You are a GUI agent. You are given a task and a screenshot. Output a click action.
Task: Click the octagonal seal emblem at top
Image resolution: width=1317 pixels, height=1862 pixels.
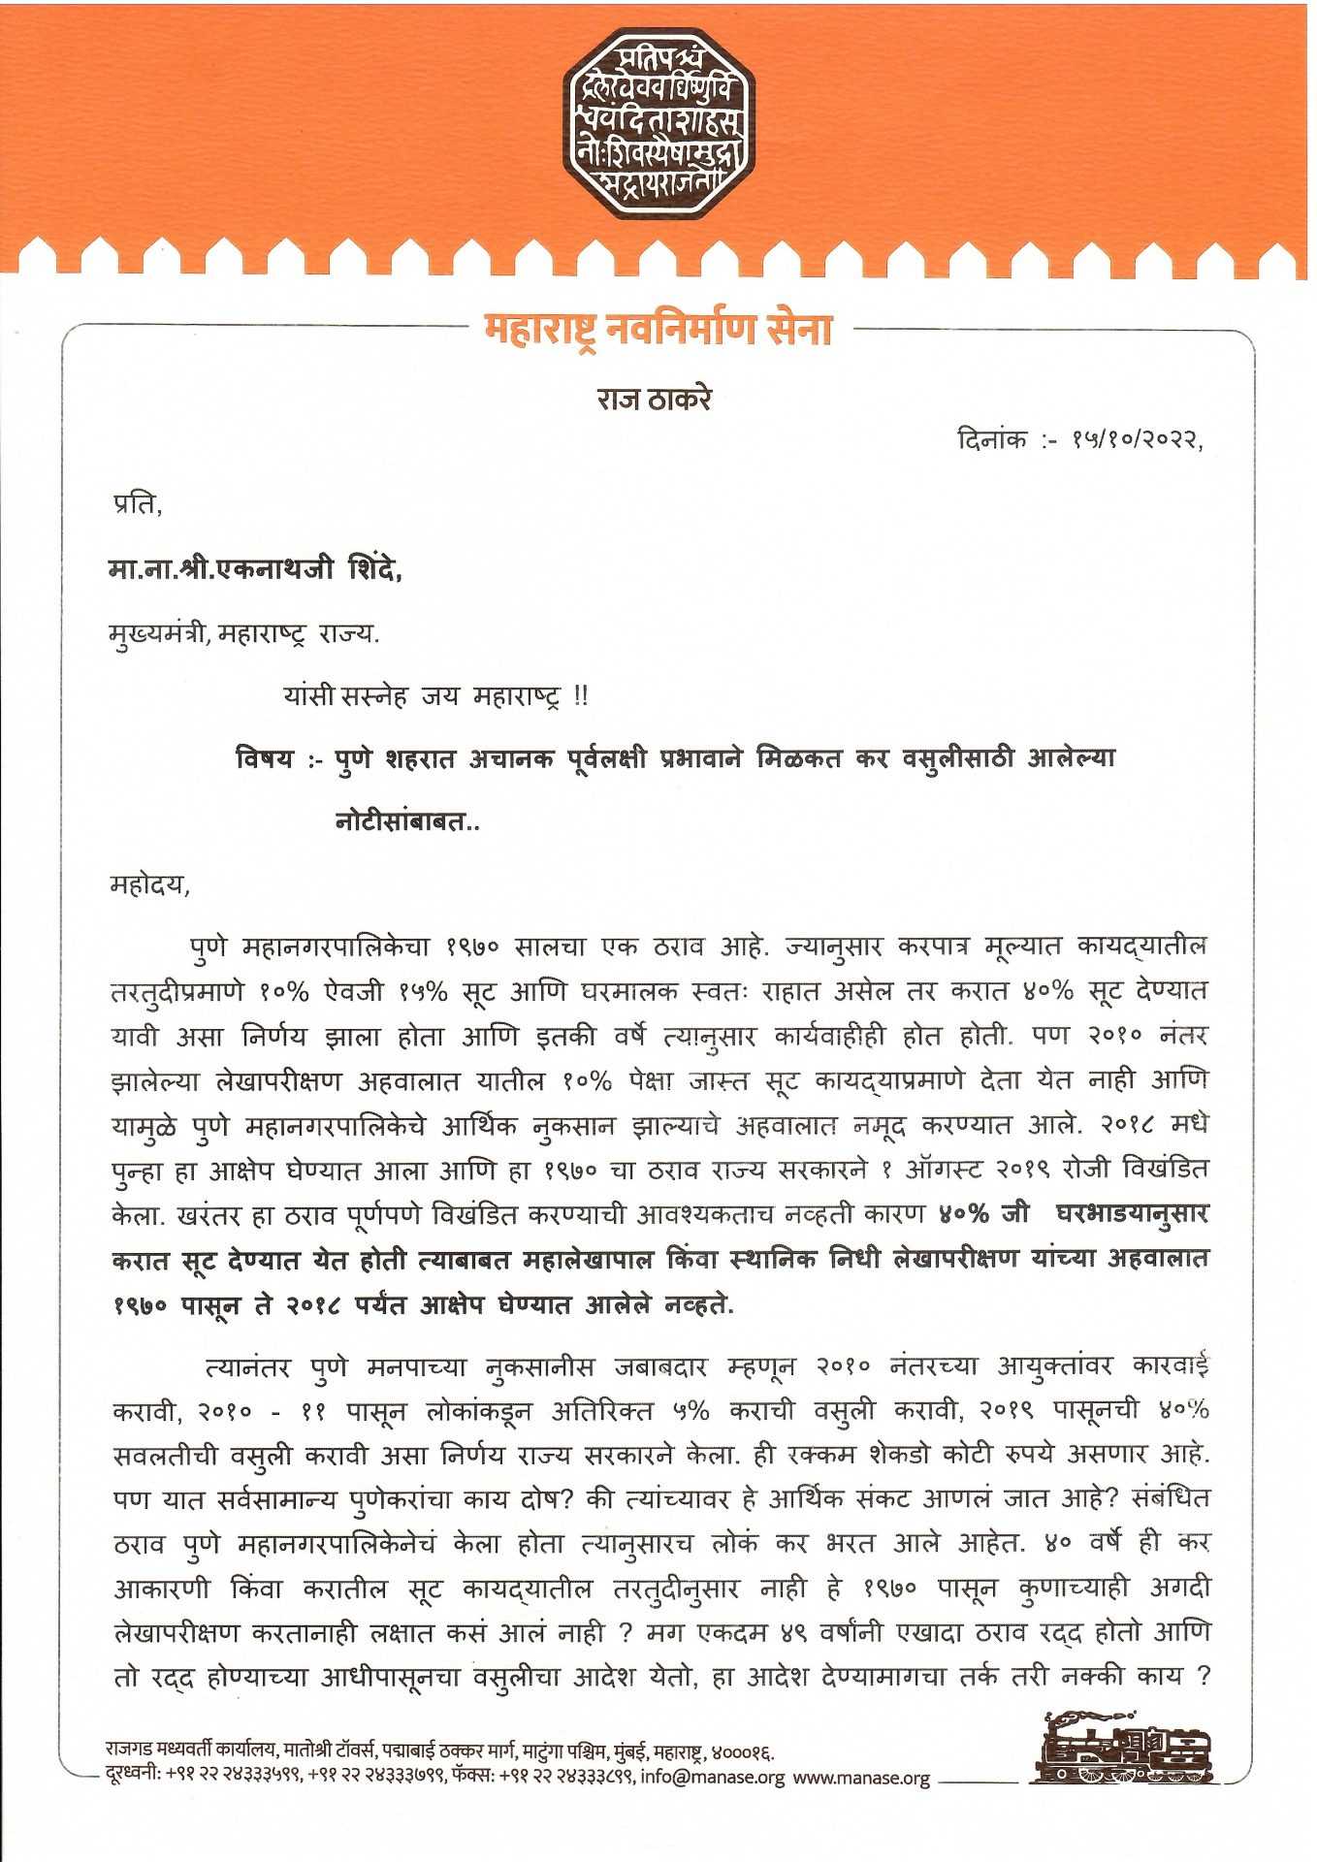pyautogui.click(x=658, y=122)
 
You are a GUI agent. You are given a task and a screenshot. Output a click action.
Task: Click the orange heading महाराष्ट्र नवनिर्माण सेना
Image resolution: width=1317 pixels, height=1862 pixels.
pyautogui.click(x=658, y=331)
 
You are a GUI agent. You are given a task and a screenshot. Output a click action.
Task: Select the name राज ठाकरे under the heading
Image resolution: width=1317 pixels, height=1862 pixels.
pyautogui.click(x=655, y=399)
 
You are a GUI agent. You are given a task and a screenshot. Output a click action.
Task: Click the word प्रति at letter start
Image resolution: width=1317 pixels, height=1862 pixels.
pyautogui.click(x=136, y=504)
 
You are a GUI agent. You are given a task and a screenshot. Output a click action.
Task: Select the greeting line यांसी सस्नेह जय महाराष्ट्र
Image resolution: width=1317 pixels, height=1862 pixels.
pyautogui.click(x=435, y=696)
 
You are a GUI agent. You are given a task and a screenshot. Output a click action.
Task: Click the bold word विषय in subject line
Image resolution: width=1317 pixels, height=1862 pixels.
pyautogui.click(x=265, y=758)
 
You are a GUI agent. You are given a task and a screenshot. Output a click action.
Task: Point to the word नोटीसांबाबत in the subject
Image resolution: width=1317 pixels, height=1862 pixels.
pyautogui.click(x=407, y=822)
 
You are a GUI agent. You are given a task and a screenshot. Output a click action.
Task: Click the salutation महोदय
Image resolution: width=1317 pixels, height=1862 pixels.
pyautogui.click(x=148, y=885)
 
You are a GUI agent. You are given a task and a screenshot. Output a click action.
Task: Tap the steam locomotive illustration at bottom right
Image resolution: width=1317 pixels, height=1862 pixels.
pyautogui.click(x=1122, y=1750)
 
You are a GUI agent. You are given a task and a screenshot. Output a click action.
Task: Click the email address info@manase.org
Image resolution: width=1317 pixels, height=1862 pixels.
pyautogui.click(x=712, y=1778)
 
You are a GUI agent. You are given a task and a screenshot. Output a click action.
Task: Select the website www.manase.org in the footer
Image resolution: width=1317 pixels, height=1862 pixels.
pyautogui.click(x=861, y=1778)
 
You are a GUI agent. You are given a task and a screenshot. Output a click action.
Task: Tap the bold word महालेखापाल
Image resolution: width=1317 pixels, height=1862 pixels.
pyautogui.click(x=586, y=1261)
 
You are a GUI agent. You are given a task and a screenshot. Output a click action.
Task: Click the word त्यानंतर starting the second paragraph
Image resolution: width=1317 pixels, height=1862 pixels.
pyautogui.click(x=247, y=1367)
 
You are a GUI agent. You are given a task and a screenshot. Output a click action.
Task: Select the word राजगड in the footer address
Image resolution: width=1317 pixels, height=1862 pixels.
pyautogui.click(x=128, y=1752)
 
